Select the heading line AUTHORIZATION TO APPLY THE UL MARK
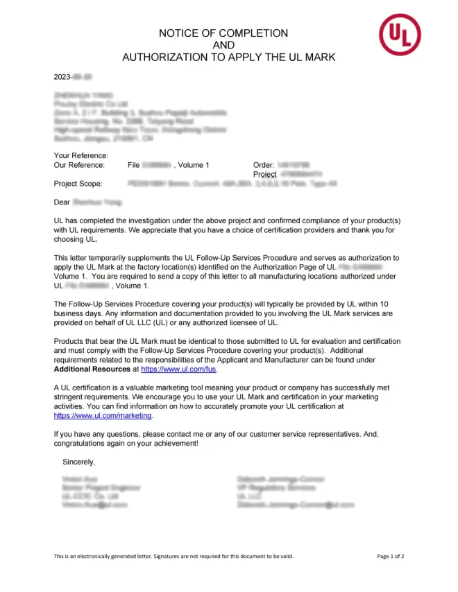pyautogui.click(x=228, y=58)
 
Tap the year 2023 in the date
pyautogui.click(x=63, y=76)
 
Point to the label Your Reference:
pyautogui.click(x=80, y=156)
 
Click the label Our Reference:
pyautogui.click(x=79, y=166)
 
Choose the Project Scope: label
pyautogui.click(x=78, y=184)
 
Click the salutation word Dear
pyautogui.click(x=62, y=202)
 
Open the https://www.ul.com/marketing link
pyautogui.click(x=103, y=416)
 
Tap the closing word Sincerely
pyautogui.click(x=78, y=462)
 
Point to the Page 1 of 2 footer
pyautogui.click(x=391, y=556)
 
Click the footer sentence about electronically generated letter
pyautogui.click(x=173, y=556)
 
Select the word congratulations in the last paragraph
pyautogui.click(x=81, y=443)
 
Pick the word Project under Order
pyautogui.click(x=265, y=175)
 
